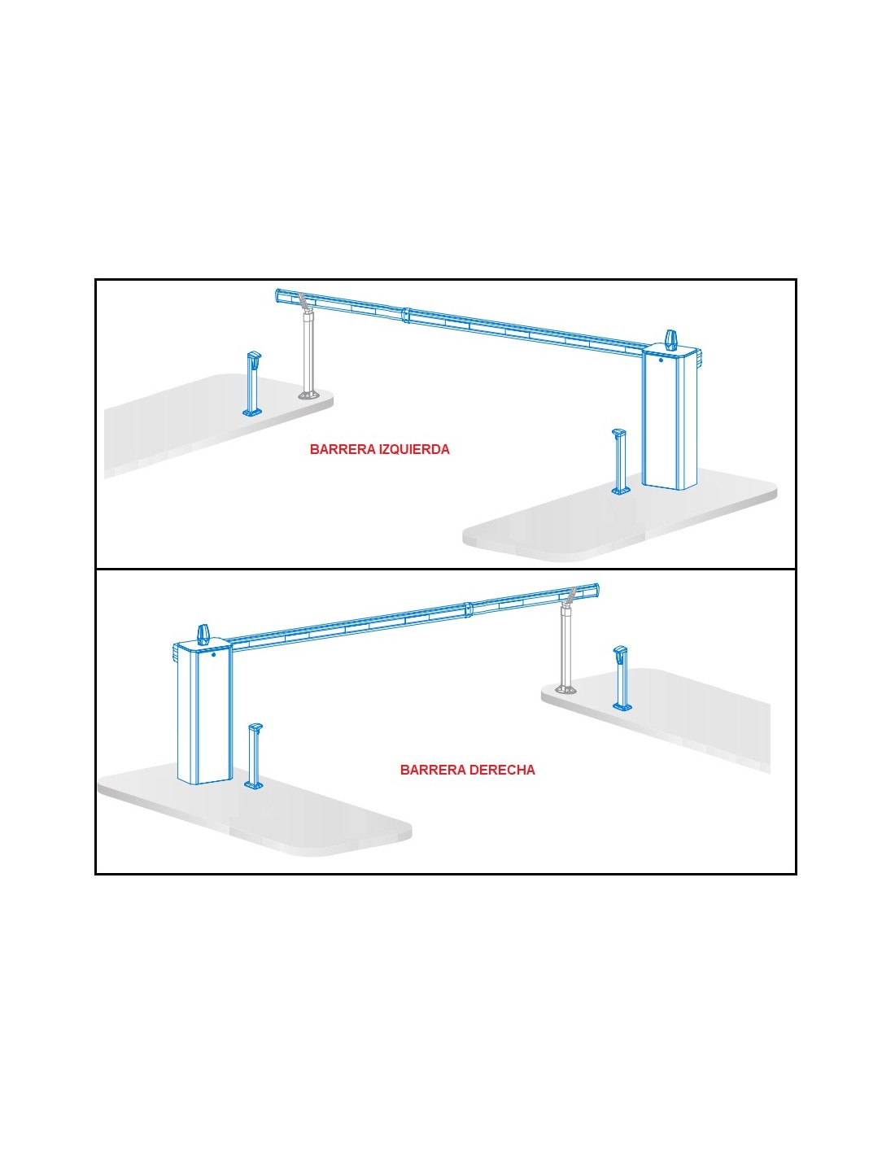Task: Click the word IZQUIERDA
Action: coord(414,449)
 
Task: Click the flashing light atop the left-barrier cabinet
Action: coord(671,339)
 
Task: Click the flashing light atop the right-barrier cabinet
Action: coord(204,634)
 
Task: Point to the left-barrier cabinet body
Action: coord(670,418)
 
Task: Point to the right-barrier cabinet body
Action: coord(205,713)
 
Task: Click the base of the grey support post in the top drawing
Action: coord(308,395)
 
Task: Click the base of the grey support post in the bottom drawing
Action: coord(566,689)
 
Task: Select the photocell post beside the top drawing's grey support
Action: coord(253,383)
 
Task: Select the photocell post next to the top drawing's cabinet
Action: coord(620,461)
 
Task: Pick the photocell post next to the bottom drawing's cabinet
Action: coord(253,755)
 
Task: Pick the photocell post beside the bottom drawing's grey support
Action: coord(622,678)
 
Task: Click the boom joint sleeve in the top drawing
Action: coord(406,315)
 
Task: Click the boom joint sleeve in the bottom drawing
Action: coord(469,610)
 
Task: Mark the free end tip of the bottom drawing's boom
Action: coord(597,591)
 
